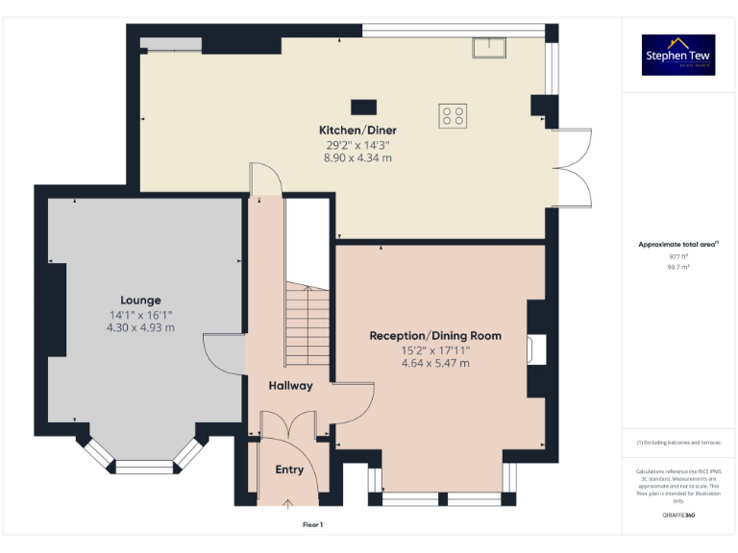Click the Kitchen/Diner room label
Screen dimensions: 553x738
[x=357, y=130]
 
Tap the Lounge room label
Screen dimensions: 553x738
[x=140, y=300]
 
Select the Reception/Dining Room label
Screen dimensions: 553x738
[x=435, y=335]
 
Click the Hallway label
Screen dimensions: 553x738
[x=290, y=385]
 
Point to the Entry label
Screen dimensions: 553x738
[x=289, y=469]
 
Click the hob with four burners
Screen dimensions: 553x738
[x=453, y=116]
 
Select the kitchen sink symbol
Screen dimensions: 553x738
[x=489, y=47]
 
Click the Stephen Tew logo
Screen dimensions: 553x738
[x=677, y=56]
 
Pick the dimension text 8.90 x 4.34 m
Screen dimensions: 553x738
[x=357, y=157]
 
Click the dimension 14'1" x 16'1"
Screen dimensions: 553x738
[x=140, y=315]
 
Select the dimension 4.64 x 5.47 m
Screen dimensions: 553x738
[x=435, y=364]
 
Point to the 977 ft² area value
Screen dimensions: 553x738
[x=677, y=256]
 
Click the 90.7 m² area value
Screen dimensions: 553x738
[x=677, y=267]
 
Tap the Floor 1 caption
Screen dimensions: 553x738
[x=312, y=525]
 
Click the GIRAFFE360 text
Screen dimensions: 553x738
[x=677, y=516]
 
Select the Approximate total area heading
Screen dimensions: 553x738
[x=677, y=245]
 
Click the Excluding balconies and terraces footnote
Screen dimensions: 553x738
[x=677, y=442]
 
